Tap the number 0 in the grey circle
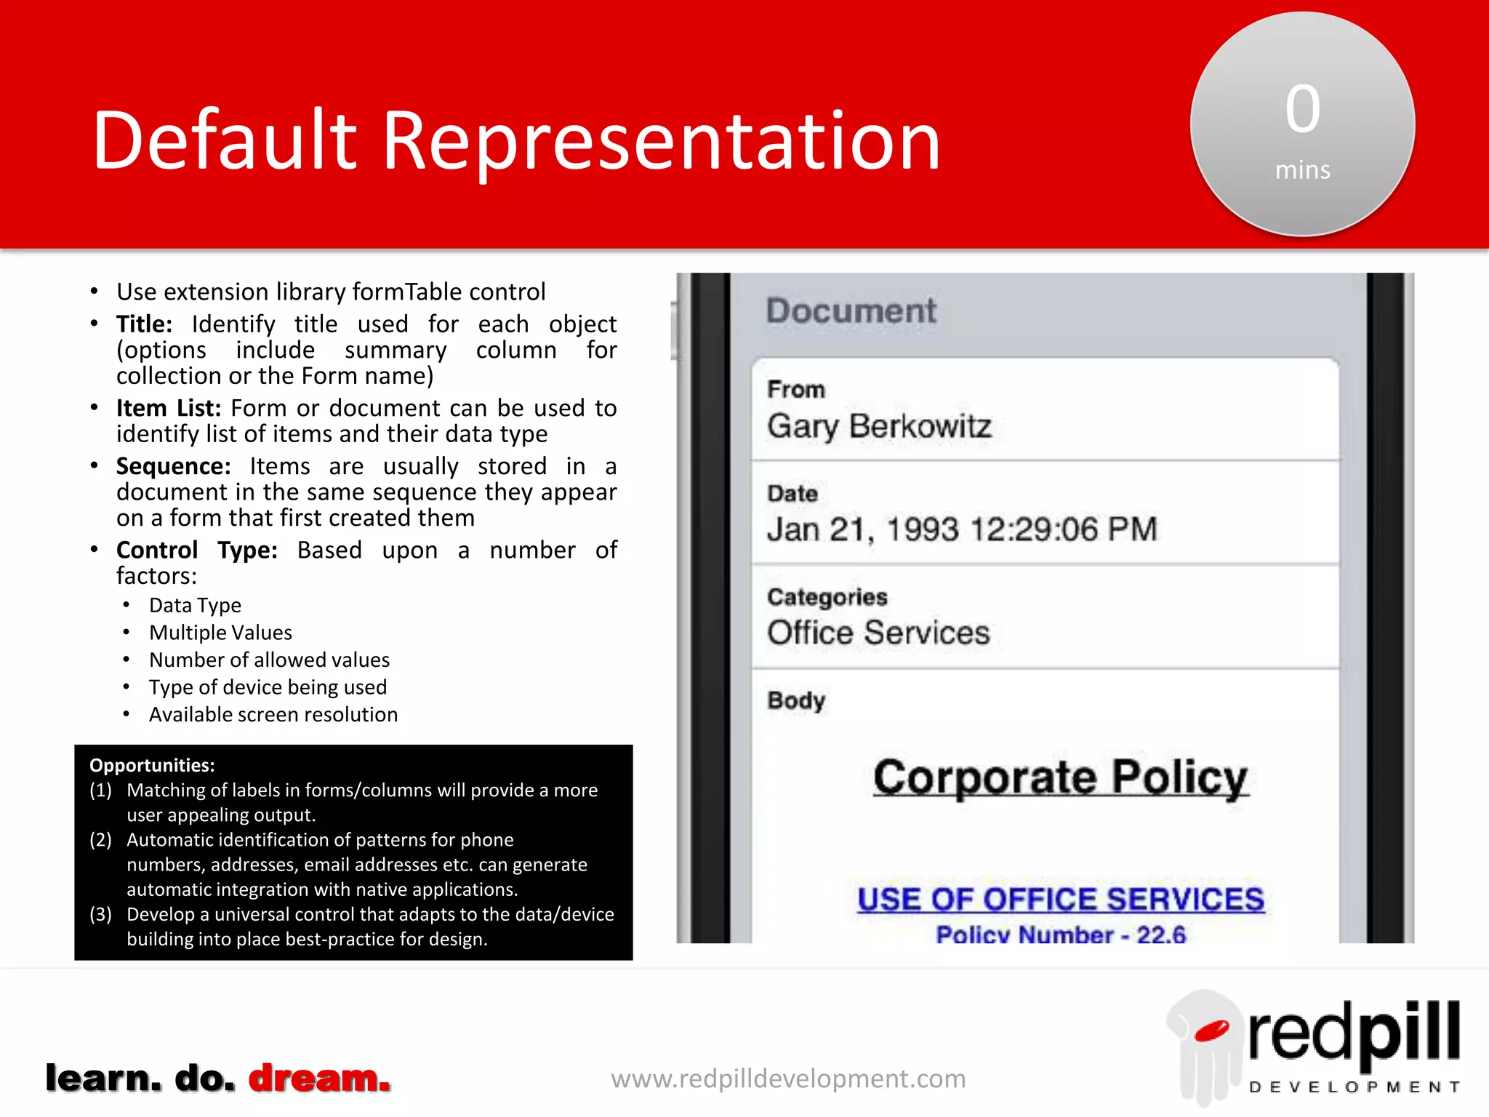(1302, 109)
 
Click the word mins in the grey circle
(1302, 170)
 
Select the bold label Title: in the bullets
(144, 324)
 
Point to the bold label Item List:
(168, 408)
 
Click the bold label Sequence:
(173, 466)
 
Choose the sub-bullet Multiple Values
(220, 633)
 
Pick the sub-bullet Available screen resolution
(273, 715)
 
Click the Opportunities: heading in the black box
(152, 765)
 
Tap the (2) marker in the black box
(100, 840)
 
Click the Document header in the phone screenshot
(851, 311)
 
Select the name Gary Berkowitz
(879, 426)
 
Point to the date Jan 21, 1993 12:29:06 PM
(961, 529)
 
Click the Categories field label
(827, 597)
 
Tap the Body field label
(796, 700)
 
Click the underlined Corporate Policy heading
(1060, 777)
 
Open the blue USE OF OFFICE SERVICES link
(1060, 900)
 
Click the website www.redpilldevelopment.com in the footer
(788, 1078)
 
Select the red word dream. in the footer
(319, 1078)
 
